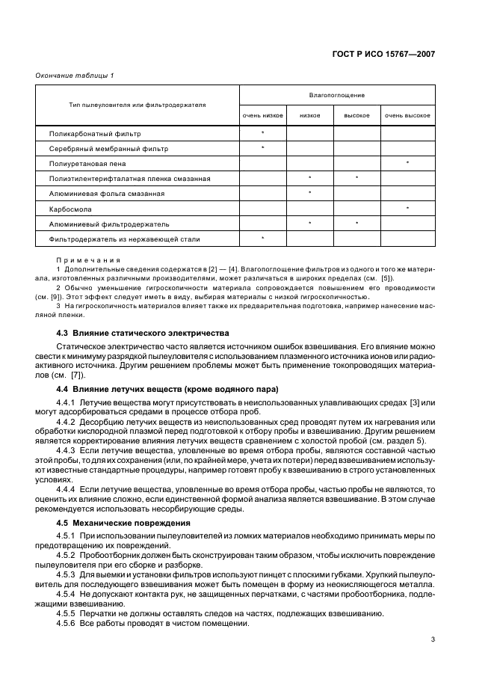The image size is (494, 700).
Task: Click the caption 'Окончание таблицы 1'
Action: tap(75, 76)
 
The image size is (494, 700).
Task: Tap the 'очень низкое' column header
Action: tap(262, 116)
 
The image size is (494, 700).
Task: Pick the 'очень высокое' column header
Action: tap(407, 116)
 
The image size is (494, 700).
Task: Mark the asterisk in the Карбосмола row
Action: tap(407, 208)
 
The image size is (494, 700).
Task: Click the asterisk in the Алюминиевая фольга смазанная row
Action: tap(310, 193)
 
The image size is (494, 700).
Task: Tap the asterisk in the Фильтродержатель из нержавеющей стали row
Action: tap(262, 238)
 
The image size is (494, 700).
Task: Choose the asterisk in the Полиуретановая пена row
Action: tap(407, 162)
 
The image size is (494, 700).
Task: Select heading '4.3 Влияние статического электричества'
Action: tap(142, 332)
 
